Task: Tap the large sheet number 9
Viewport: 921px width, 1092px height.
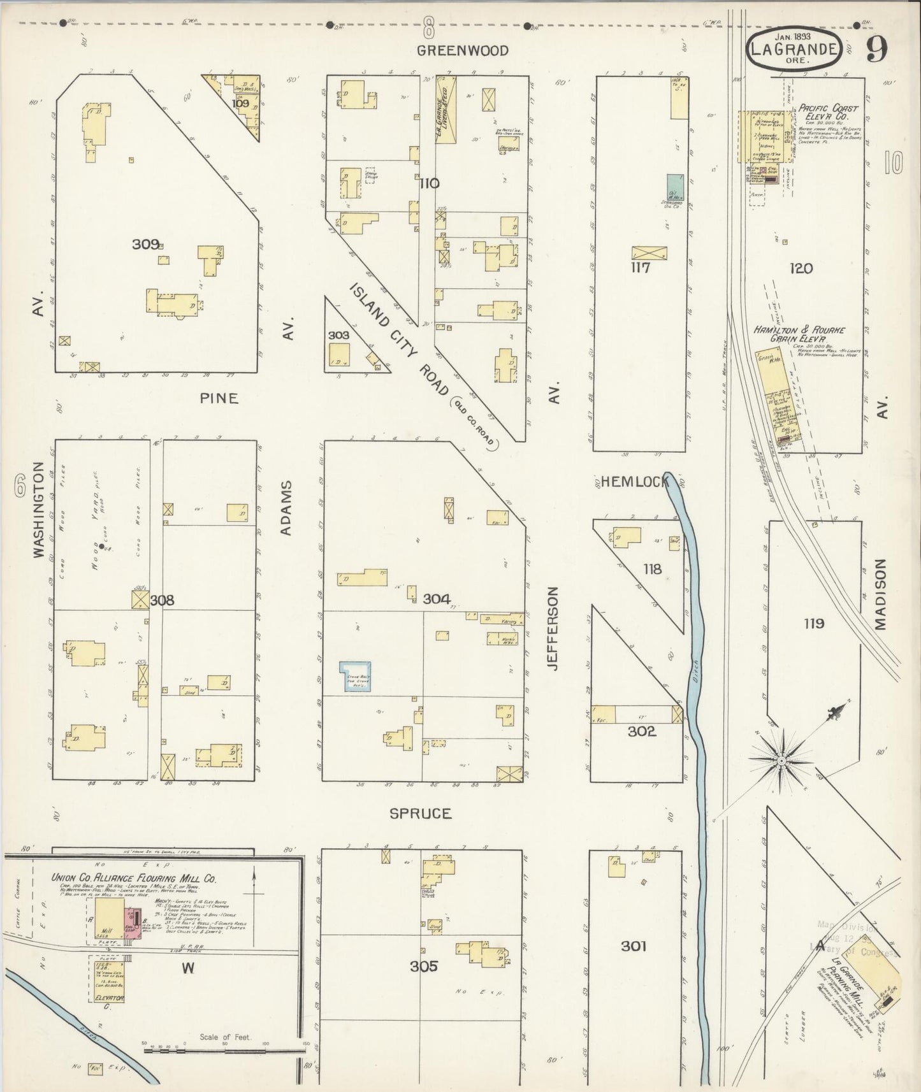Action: pos(877,50)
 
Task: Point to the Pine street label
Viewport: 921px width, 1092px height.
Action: pos(219,398)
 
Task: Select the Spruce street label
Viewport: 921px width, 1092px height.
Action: pos(421,814)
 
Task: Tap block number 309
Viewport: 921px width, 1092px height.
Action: pos(145,244)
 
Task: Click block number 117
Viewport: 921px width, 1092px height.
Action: pos(640,268)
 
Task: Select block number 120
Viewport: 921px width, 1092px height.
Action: pos(801,269)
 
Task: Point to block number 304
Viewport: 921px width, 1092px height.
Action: pos(437,599)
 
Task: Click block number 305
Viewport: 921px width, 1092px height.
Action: pos(423,966)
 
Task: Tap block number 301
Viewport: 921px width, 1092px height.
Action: pos(634,946)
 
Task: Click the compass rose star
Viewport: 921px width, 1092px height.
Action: pos(780,760)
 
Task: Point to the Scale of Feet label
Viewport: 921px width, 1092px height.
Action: pos(226,1037)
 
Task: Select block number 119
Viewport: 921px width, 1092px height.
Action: pos(814,624)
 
